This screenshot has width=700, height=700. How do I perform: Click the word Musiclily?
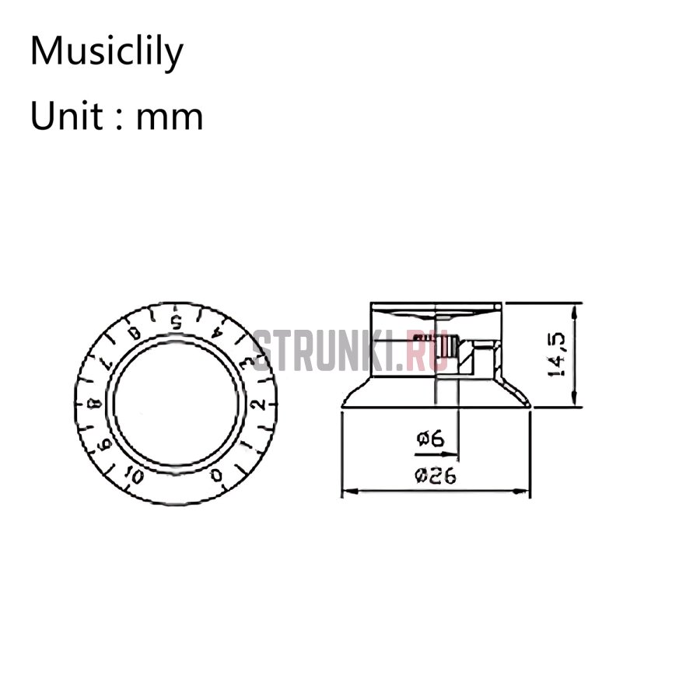[107, 52]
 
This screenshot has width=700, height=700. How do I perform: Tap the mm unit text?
[170, 118]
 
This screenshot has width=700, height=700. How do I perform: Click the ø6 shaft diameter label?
[429, 440]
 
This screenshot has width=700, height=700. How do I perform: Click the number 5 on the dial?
[177, 321]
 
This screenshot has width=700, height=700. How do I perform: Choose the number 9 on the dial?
[101, 444]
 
